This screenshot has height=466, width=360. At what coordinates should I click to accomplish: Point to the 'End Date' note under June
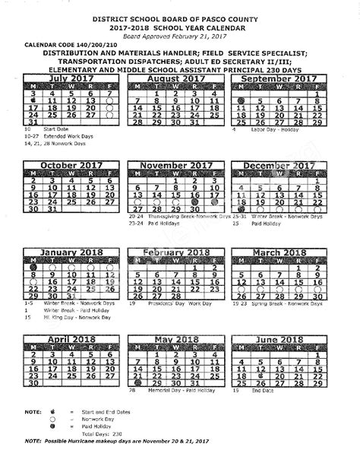[x=263, y=411]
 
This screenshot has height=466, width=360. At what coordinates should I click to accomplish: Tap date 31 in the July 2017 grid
[x=32, y=121]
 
